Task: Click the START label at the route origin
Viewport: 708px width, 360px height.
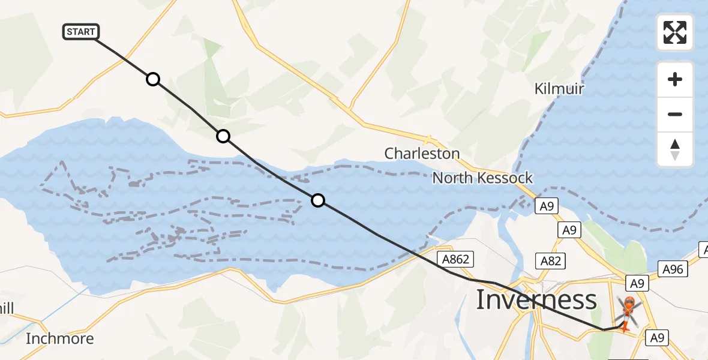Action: coord(81,32)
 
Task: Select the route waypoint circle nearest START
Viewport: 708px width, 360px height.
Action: coord(153,79)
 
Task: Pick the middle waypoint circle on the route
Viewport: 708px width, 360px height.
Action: coord(223,136)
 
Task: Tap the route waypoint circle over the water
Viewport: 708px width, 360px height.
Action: coord(318,200)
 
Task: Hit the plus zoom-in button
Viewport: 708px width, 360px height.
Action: coord(675,79)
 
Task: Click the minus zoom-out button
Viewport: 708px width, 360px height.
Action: coord(675,114)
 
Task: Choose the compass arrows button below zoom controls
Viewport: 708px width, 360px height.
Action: coord(675,149)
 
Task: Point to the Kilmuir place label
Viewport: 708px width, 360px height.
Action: coord(559,89)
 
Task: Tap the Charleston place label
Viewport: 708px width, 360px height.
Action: coord(422,154)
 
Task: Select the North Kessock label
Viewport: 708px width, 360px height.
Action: coord(482,178)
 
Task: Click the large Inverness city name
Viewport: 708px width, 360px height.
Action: coord(536,299)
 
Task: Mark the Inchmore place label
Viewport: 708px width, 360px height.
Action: coord(60,338)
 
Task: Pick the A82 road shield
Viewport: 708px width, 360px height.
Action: coord(550,260)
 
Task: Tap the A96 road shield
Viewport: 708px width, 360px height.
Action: coord(673,269)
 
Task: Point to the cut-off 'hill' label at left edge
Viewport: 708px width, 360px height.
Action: coord(7,308)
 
